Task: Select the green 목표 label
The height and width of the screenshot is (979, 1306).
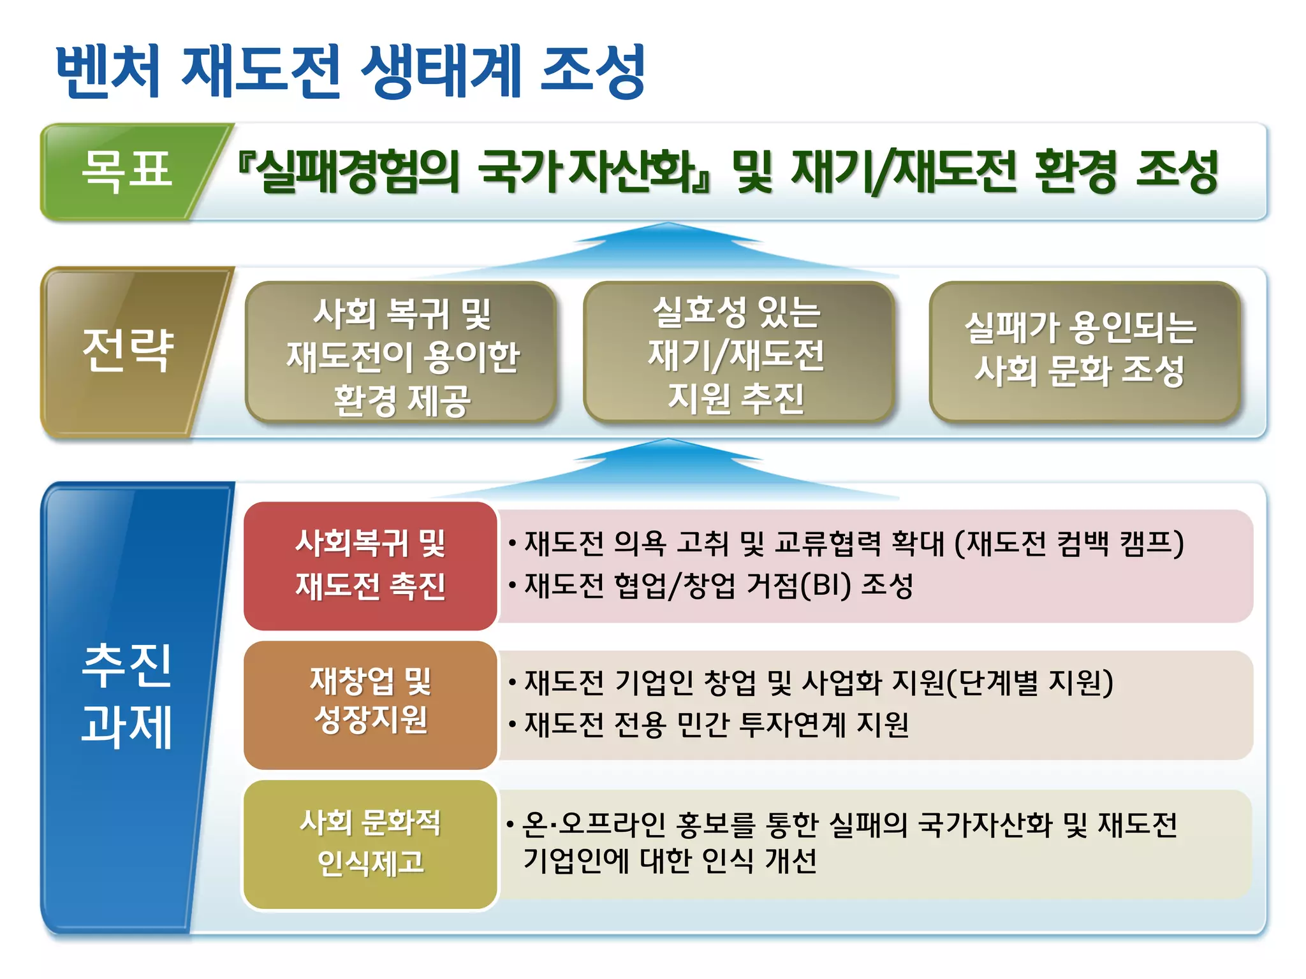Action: tap(126, 171)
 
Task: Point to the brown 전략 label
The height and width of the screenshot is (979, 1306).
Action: tap(128, 350)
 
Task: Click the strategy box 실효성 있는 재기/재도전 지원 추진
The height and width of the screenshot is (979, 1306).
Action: tap(737, 354)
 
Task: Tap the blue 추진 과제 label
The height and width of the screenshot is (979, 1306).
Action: tap(128, 695)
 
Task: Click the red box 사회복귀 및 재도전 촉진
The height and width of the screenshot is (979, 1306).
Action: tap(370, 565)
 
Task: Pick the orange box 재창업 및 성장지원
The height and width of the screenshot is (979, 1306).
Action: tap(370, 701)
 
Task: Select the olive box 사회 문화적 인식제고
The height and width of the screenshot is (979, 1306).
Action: tap(370, 843)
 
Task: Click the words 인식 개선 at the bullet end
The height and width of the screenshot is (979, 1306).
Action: tap(759, 861)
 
